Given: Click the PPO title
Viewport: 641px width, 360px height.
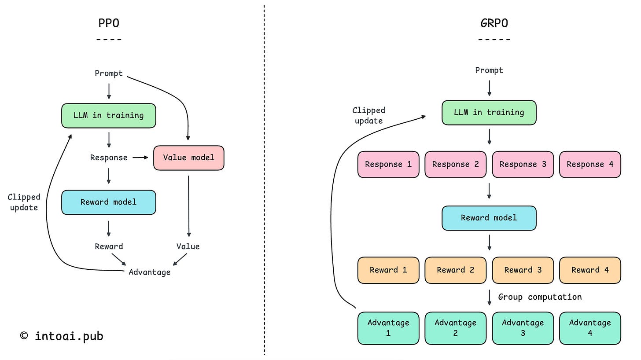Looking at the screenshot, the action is click(x=109, y=23).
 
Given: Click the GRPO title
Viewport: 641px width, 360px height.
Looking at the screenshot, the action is click(x=494, y=23).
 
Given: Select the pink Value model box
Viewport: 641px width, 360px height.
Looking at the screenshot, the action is click(x=188, y=158).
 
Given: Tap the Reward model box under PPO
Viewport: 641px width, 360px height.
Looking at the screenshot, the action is click(x=109, y=202).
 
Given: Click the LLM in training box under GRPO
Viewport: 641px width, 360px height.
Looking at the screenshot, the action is click(x=489, y=113).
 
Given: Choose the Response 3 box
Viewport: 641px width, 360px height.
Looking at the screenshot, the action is click(x=523, y=164).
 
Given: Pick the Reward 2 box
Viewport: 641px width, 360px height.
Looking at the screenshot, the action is click(x=455, y=270).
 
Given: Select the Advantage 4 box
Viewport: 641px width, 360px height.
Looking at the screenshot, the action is click(x=590, y=328).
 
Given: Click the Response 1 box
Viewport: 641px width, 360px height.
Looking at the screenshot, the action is click(x=388, y=164).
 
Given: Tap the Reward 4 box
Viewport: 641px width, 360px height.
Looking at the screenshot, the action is click(x=590, y=270).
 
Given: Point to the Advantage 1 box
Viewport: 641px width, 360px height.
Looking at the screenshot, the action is click(x=388, y=328).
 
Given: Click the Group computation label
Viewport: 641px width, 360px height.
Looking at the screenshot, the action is click(x=540, y=297).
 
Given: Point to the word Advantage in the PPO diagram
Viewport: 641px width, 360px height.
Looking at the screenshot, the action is click(x=150, y=272).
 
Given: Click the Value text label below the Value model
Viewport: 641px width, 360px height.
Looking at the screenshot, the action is click(x=188, y=246).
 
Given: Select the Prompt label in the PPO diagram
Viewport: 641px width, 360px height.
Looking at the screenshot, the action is click(x=109, y=73).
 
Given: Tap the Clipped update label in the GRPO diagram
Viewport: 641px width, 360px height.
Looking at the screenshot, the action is click(x=368, y=116).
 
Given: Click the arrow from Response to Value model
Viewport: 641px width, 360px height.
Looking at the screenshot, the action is click(x=140, y=158).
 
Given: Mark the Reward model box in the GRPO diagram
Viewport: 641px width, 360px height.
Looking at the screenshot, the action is click(x=489, y=218).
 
